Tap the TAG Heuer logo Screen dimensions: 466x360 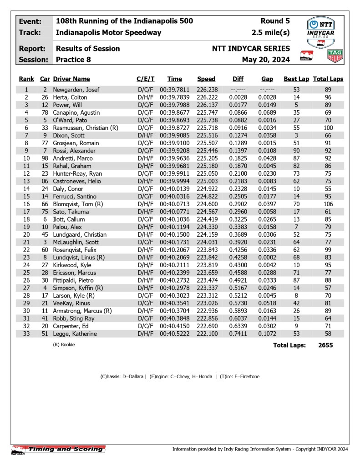point(335,56)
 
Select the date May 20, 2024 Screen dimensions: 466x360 point(266,60)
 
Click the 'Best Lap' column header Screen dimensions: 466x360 point(296,79)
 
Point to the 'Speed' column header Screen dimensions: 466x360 point(206,79)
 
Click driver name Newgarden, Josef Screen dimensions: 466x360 point(76,90)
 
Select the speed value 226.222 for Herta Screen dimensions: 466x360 point(206,97)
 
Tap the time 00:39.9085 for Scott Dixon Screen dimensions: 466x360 point(174,136)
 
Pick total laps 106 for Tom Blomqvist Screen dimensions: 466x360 point(328,204)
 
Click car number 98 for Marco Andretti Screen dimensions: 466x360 point(45,158)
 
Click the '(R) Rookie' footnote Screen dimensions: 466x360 point(64,345)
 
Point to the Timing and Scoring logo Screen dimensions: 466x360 point(58,450)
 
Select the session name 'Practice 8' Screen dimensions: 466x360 point(73,60)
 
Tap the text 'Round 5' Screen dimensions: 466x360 point(275,21)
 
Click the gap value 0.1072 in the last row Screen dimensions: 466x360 point(267,334)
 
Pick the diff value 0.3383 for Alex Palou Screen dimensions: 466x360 point(238,227)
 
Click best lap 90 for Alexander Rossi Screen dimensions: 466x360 point(296,151)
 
